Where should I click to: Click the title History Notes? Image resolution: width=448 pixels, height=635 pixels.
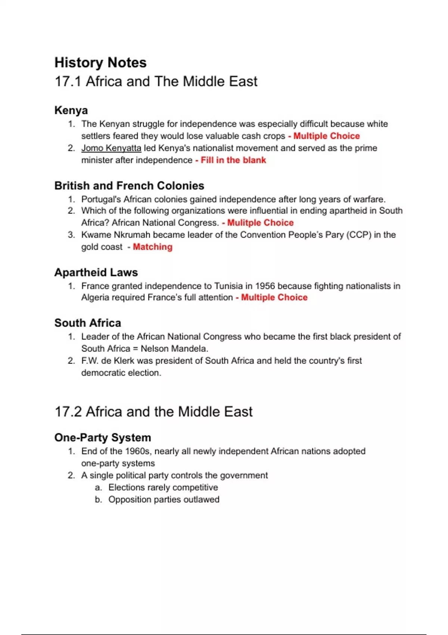click(100, 62)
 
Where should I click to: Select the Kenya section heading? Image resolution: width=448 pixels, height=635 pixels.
click(71, 110)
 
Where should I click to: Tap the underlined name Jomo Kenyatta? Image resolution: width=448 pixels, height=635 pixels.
click(111, 148)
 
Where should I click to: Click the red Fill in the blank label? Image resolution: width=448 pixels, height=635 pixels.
click(233, 160)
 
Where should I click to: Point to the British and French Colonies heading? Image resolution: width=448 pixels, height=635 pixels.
click(129, 186)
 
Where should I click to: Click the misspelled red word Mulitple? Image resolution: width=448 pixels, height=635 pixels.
click(243, 223)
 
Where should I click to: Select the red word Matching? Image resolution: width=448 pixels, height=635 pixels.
click(153, 247)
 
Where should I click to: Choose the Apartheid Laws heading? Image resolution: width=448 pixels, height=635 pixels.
click(96, 272)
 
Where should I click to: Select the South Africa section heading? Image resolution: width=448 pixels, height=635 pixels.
click(88, 323)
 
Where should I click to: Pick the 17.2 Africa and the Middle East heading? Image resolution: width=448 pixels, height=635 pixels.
click(153, 412)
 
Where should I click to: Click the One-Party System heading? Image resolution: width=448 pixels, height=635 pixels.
click(103, 437)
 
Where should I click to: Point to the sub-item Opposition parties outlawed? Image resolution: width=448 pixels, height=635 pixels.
click(164, 499)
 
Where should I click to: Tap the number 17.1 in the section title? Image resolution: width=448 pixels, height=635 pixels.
click(68, 81)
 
